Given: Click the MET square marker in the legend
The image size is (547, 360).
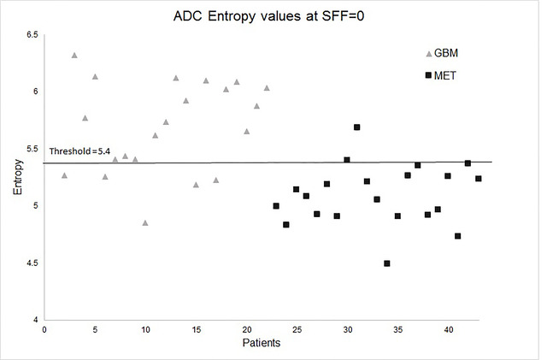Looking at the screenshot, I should [429, 75].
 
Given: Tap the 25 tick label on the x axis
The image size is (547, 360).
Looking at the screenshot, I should [297, 330].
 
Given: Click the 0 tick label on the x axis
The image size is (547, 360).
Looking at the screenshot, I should [44, 330].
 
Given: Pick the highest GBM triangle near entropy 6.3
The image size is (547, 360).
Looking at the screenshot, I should [74, 55].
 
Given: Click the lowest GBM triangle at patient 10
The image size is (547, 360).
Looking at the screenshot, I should [145, 222].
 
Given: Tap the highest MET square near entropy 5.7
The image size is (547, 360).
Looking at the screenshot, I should [356, 127].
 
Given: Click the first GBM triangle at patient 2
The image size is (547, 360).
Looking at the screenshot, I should [64, 175].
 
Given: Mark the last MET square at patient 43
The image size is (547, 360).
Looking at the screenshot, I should [478, 179].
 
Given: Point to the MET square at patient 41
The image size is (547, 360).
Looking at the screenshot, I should [458, 236].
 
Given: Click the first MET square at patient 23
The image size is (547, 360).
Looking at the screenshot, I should [276, 206].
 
